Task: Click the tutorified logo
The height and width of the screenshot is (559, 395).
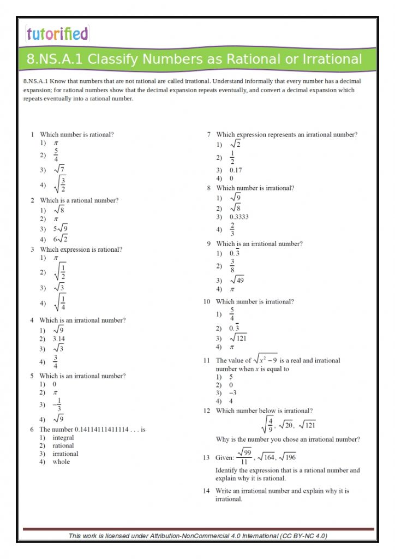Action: pyautogui.click(x=57, y=34)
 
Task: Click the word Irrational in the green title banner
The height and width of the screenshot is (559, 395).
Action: pyautogui.click(x=330, y=59)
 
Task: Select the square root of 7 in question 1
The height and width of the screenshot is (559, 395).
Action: pyautogui.click(x=59, y=169)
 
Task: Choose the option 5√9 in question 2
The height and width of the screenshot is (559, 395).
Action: pyautogui.click(x=60, y=228)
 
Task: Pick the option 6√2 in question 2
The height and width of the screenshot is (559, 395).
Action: pyautogui.click(x=60, y=239)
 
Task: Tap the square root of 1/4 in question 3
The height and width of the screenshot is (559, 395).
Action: pyautogui.click(x=60, y=302)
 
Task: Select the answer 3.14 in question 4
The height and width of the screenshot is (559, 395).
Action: pyautogui.click(x=59, y=338)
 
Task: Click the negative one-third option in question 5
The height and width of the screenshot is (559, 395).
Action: pyautogui.click(x=57, y=405)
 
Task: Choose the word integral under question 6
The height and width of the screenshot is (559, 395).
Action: pyautogui.click(x=63, y=438)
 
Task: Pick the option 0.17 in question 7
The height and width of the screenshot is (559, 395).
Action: pyautogui.click(x=236, y=170)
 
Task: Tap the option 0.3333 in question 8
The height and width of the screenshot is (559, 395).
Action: pyautogui.click(x=239, y=217)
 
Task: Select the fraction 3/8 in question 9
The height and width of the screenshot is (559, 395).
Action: pyautogui.click(x=232, y=266)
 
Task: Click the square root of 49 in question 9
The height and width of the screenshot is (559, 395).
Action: pyautogui.click(x=237, y=280)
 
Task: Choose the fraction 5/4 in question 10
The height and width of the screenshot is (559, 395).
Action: pyautogui.click(x=232, y=314)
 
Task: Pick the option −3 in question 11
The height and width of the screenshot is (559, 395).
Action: pyautogui.click(x=233, y=393)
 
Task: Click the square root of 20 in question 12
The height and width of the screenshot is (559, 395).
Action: pyautogui.click(x=286, y=425)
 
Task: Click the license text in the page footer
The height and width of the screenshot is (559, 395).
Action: pyautogui.click(x=197, y=536)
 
